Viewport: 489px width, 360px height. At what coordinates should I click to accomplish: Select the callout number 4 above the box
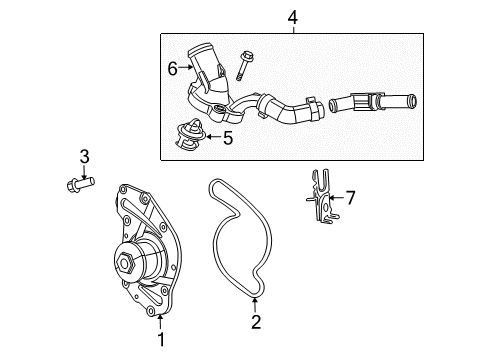pos(293,16)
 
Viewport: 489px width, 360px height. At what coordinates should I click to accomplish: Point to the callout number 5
pos(227,139)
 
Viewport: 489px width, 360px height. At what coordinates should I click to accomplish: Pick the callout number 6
pos(171,68)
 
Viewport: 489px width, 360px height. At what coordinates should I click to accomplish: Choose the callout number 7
pos(350,196)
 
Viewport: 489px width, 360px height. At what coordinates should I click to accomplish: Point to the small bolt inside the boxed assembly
pos(244,61)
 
